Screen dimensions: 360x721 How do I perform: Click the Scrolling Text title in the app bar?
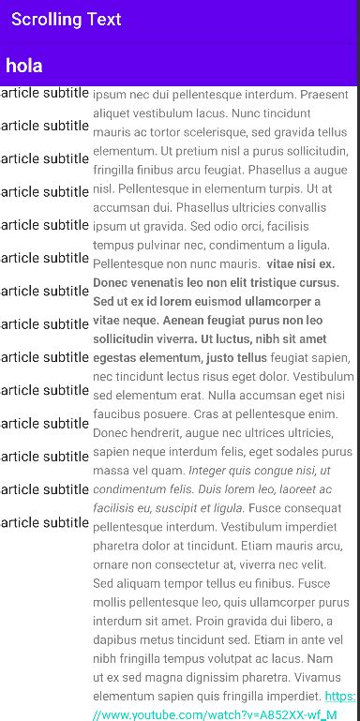click(x=66, y=19)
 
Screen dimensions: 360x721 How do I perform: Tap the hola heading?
click(x=24, y=66)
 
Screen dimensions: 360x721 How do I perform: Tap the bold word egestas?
click(x=117, y=358)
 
